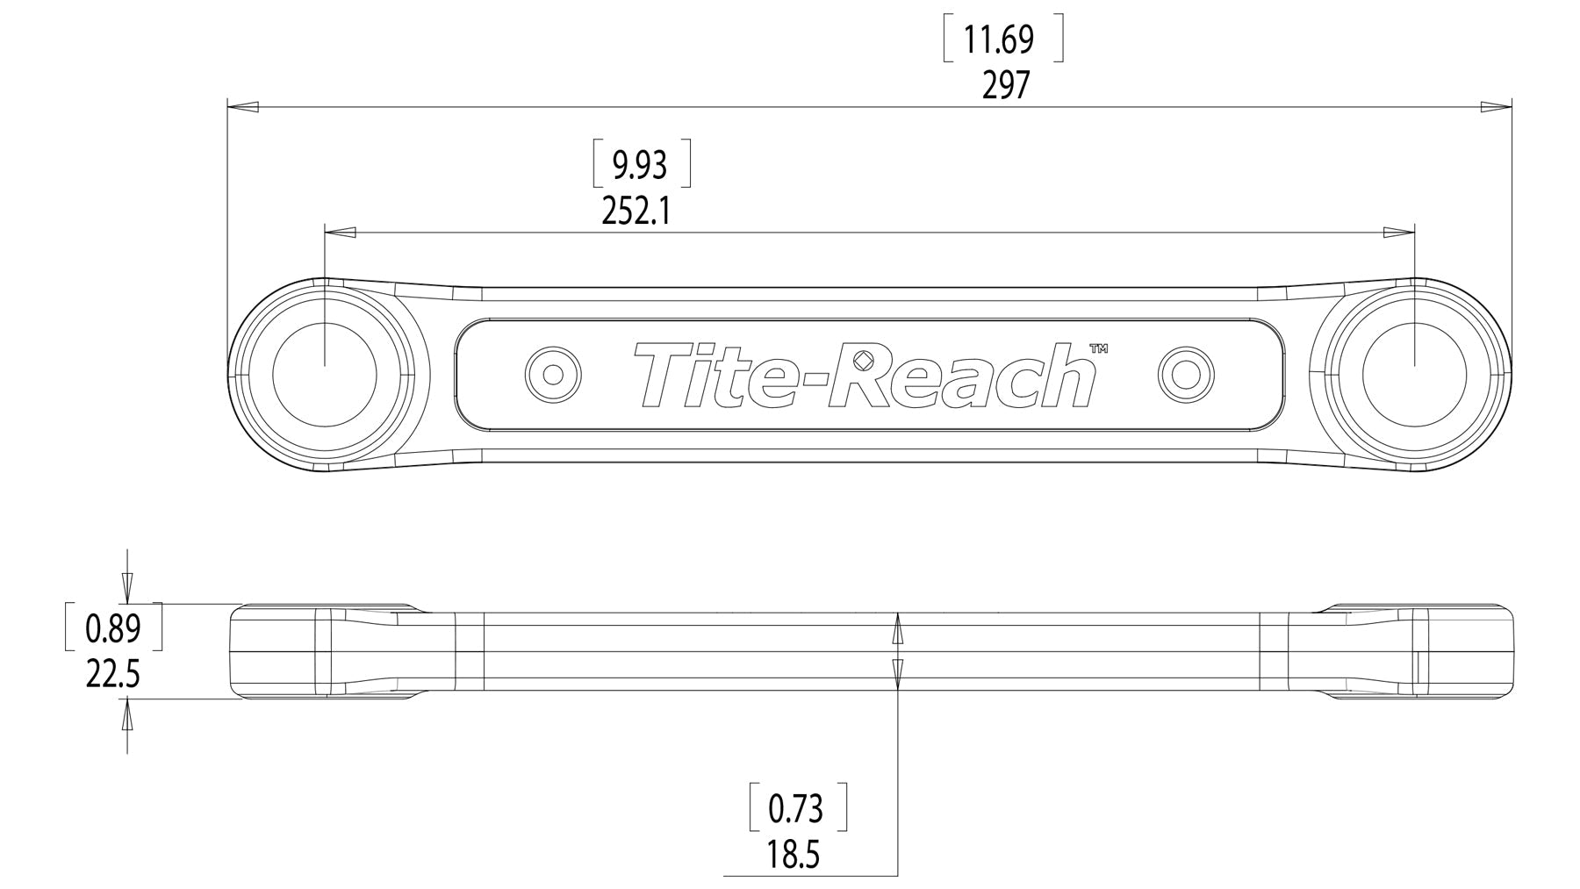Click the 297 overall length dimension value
pyautogui.click(x=1005, y=86)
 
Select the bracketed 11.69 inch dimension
pyautogui.click(x=1003, y=39)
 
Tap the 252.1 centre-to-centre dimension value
pyautogui.click(x=636, y=211)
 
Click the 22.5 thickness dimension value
pyautogui.click(x=113, y=675)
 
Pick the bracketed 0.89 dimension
pyautogui.click(x=114, y=627)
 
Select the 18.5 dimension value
pyautogui.click(x=794, y=855)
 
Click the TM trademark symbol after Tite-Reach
pyautogui.click(x=1098, y=348)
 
